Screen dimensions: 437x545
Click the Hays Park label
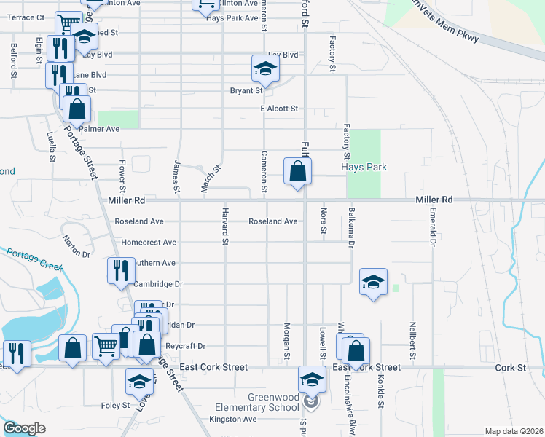(x=364, y=167)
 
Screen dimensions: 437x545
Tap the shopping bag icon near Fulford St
(x=297, y=172)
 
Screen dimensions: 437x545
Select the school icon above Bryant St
(x=265, y=70)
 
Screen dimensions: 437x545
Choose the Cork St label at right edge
(x=510, y=368)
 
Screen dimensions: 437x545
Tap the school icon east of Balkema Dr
(x=373, y=281)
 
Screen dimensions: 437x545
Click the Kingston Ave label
(x=232, y=420)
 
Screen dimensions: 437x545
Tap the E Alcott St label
(x=280, y=109)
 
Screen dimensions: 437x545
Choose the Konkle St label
(x=380, y=393)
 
